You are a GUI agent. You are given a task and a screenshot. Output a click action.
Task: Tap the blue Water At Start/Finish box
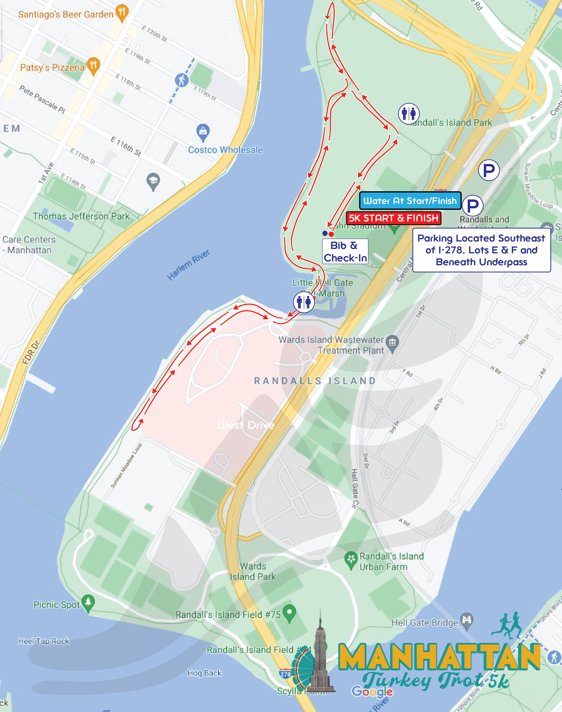pos(410,201)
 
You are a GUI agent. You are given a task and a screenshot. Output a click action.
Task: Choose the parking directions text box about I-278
pos(481,250)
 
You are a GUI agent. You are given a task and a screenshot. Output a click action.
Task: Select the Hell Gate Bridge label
pos(424,622)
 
